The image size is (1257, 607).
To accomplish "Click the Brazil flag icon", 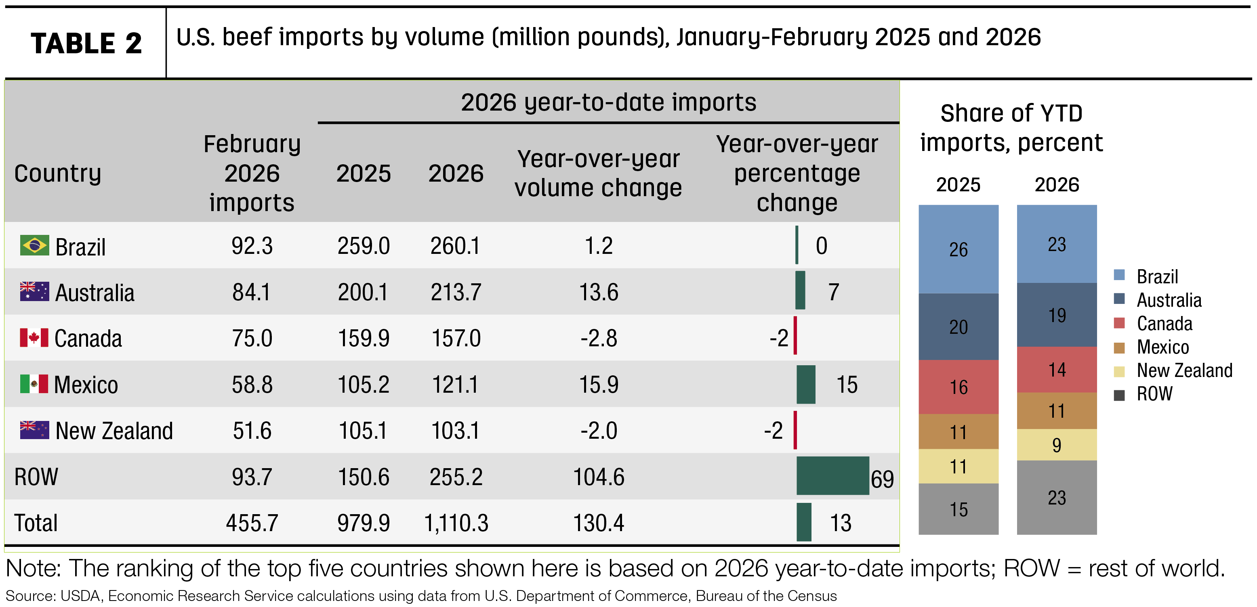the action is pyautogui.click(x=34, y=245).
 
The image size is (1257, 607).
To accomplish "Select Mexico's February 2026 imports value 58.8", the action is pyautogui.click(x=252, y=385).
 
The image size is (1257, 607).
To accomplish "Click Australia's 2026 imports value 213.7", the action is pyautogui.click(x=456, y=292).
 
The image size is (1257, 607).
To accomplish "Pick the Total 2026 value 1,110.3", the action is pyautogui.click(x=456, y=523).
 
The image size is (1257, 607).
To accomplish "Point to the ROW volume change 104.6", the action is pyautogui.click(x=598, y=477).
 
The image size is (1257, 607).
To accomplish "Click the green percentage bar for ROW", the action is pyautogui.click(x=832, y=476).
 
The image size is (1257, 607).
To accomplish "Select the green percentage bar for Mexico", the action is pyautogui.click(x=806, y=384).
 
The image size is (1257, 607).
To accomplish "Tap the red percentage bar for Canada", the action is pyautogui.click(x=795, y=335).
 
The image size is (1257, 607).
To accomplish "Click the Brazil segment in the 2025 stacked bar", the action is pyautogui.click(x=959, y=249).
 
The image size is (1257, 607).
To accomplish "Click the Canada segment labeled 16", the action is pyautogui.click(x=959, y=387).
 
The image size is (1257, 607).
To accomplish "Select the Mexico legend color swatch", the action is pyautogui.click(x=1119, y=347).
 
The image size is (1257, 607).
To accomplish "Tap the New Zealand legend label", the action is pyautogui.click(x=1184, y=370).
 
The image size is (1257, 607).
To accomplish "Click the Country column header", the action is pyautogui.click(x=58, y=174).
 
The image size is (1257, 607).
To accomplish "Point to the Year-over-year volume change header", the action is pyautogui.click(x=598, y=173).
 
